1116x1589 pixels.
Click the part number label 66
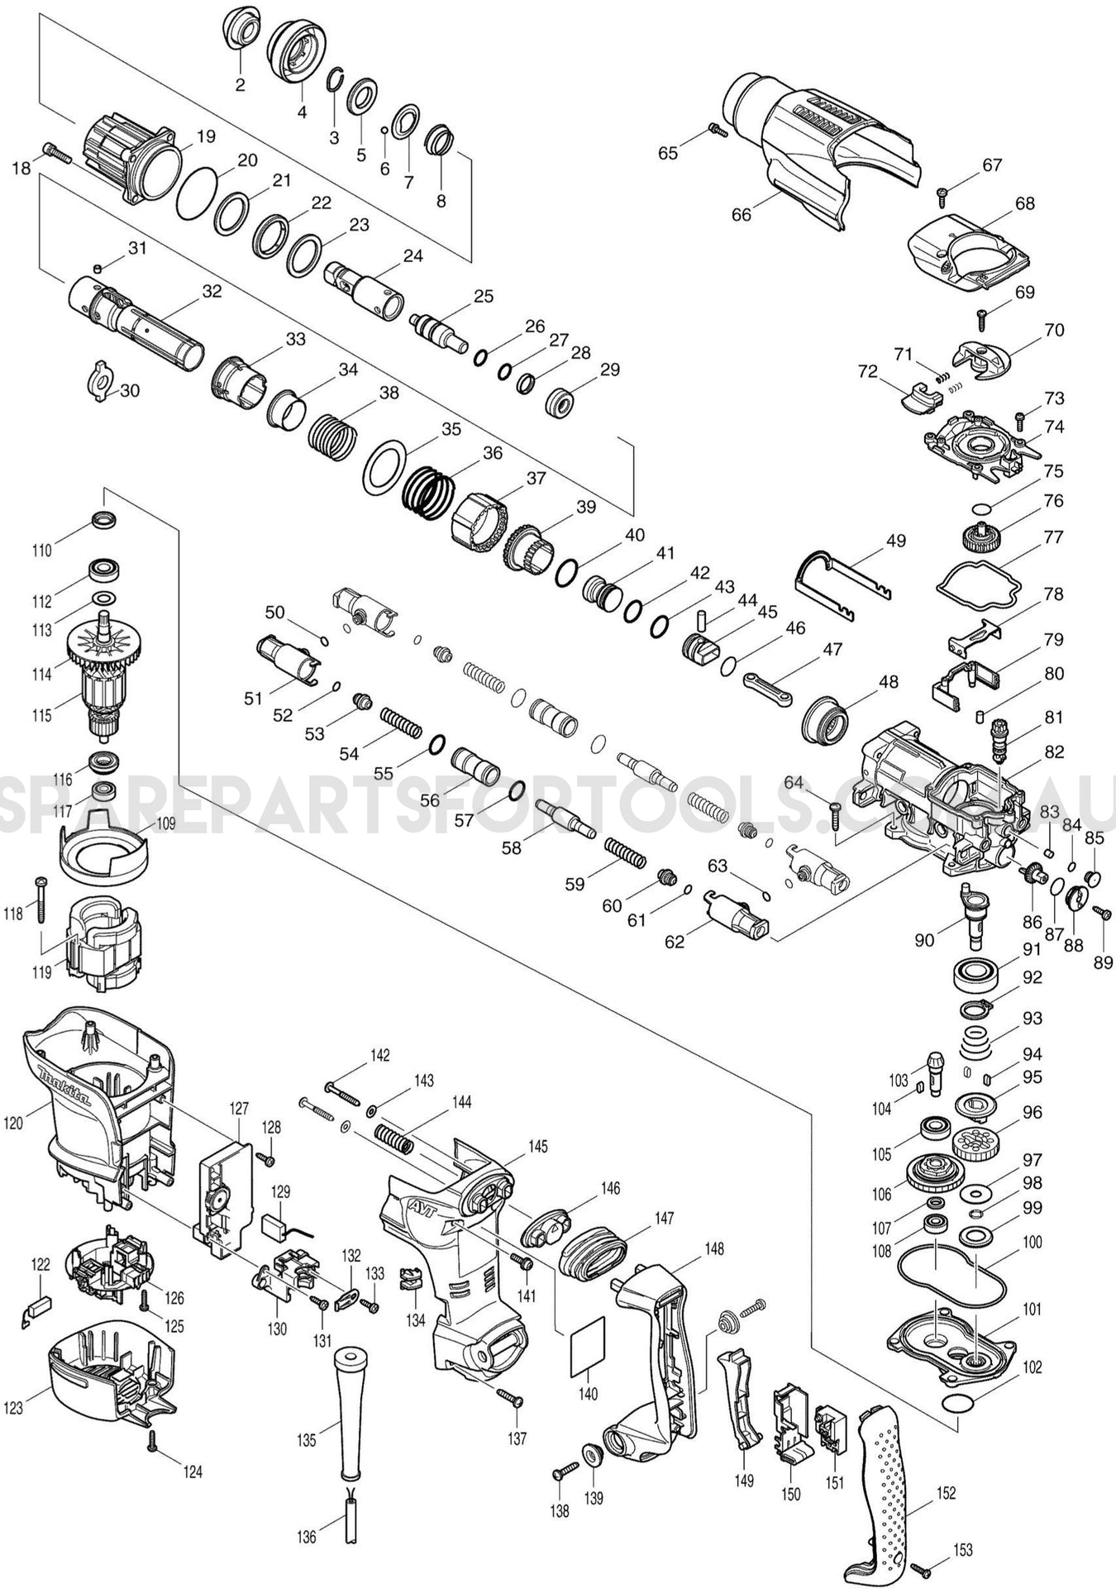(x=742, y=214)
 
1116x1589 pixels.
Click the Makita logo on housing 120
(x=65, y=1091)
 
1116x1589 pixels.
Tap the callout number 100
(x=1033, y=1242)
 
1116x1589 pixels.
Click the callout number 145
(x=537, y=1146)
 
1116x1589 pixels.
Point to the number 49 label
(x=895, y=540)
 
